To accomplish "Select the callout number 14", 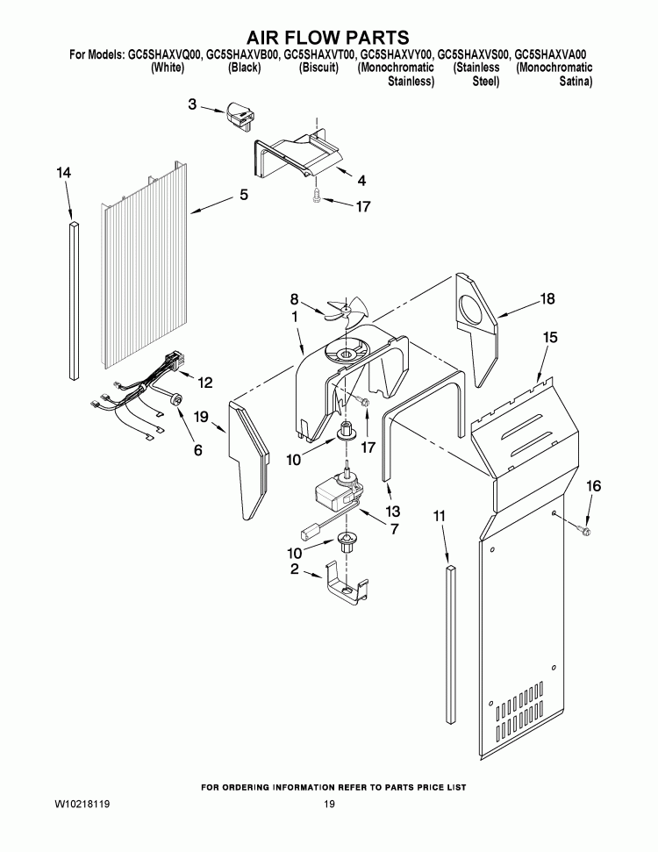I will coord(63,174).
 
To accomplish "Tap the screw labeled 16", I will coord(585,529).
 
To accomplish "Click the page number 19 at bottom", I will coord(328,805).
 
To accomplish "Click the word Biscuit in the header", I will coord(318,68).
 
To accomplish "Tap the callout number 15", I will coord(550,337).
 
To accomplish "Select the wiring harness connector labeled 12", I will coord(175,361).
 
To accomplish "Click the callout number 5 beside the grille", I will coord(243,195).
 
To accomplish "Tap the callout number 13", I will coord(392,512).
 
